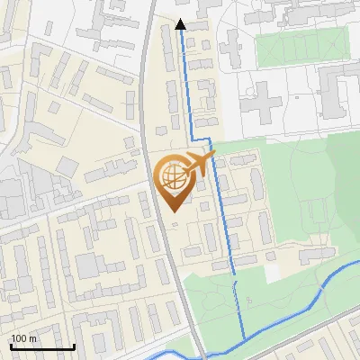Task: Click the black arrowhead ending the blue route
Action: (x=180, y=25)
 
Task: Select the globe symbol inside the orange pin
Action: (x=172, y=176)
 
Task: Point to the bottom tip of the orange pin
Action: (x=172, y=212)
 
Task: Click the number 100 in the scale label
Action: (x=18, y=338)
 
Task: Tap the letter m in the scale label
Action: (x=32, y=338)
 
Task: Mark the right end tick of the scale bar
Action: (x=74, y=346)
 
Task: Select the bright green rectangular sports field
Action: (x=302, y=47)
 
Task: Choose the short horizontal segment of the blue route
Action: (x=199, y=138)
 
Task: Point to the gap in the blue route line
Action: (x=235, y=278)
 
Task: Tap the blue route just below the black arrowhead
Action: (x=180, y=45)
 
